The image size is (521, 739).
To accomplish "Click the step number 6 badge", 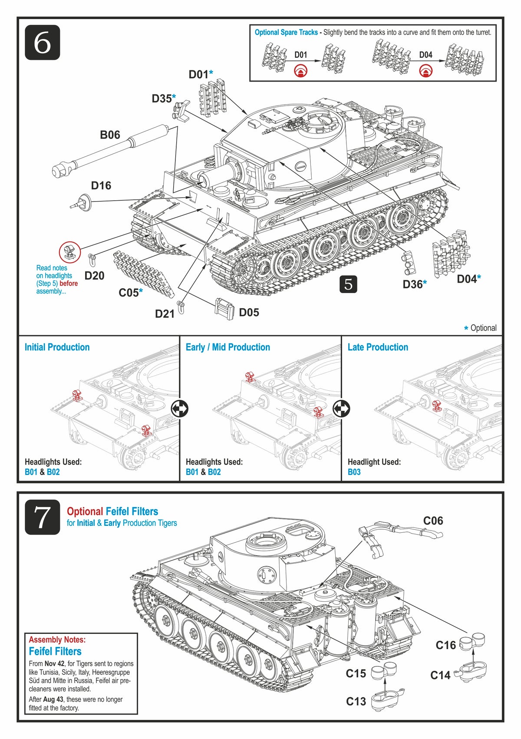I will click(42, 43).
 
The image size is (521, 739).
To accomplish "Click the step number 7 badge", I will click(42, 517).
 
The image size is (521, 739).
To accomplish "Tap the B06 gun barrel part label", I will click(110, 135).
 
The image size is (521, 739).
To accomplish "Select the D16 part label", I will click(101, 185).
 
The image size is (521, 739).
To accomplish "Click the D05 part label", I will click(249, 312).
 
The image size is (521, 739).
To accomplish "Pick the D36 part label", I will click(412, 284).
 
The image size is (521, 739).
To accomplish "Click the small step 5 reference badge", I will click(348, 284).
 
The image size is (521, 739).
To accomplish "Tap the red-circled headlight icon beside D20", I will click(70, 252).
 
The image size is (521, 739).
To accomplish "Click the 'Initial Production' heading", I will click(57, 347).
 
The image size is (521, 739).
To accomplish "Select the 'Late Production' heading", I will click(378, 347).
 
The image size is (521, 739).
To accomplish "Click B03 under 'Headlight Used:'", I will click(354, 472).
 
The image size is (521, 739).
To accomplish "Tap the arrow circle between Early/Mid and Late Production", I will click(341, 408).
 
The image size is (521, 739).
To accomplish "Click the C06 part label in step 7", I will click(433, 521).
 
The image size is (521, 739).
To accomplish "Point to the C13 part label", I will click(356, 701).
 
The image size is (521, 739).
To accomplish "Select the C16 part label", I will click(445, 645).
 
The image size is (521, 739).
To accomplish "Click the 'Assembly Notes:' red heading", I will click(57, 640).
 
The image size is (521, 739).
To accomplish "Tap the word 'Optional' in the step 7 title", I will click(85, 511).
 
